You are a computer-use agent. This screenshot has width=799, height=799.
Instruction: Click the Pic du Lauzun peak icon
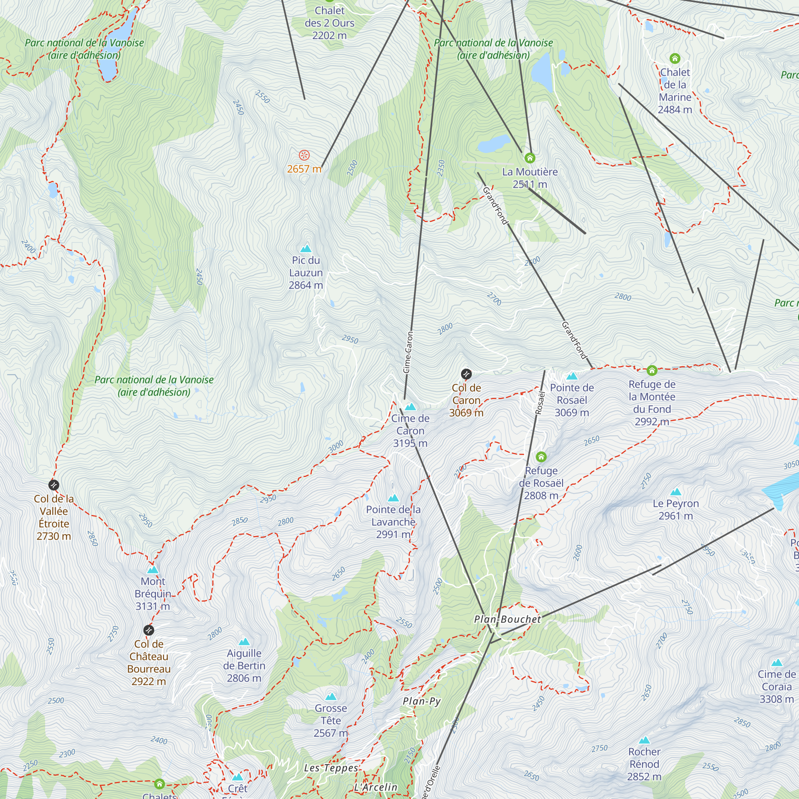tap(306, 248)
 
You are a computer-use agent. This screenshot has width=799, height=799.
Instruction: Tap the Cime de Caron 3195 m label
tap(410, 431)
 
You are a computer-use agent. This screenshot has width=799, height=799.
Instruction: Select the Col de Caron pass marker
tap(466, 374)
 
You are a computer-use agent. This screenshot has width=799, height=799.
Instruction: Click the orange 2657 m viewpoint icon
tap(304, 155)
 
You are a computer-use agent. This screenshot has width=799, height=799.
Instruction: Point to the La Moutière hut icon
tap(530, 158)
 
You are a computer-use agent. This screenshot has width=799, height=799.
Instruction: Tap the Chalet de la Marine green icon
tap(675, 58)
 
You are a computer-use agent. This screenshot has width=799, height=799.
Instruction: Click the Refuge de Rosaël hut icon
tap(541, 457)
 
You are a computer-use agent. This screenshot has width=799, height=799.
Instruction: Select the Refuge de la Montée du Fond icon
tap(652, 371)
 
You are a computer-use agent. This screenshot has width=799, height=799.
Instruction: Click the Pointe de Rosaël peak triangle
tap(572, 376)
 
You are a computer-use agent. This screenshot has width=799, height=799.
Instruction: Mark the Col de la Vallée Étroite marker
tap(54, 485)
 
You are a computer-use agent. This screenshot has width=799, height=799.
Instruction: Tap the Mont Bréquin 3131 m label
tap(153, 594)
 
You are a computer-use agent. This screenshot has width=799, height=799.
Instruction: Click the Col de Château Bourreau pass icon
tap(149, 630)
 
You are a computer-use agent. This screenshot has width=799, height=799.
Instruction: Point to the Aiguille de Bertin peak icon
tap(244, 642)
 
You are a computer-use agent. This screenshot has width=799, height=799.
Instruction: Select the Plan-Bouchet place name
tap(507, 620)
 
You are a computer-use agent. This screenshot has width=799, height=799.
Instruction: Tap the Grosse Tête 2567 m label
tap(330, 720)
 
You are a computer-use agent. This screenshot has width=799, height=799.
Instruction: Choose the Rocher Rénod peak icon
tap(644, 740)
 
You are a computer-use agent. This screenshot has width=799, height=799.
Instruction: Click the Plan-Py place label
tap(421, 701)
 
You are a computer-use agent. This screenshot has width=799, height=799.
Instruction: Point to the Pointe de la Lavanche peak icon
tap(393, 498)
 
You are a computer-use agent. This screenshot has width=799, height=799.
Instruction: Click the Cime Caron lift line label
tap(408, 352)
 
